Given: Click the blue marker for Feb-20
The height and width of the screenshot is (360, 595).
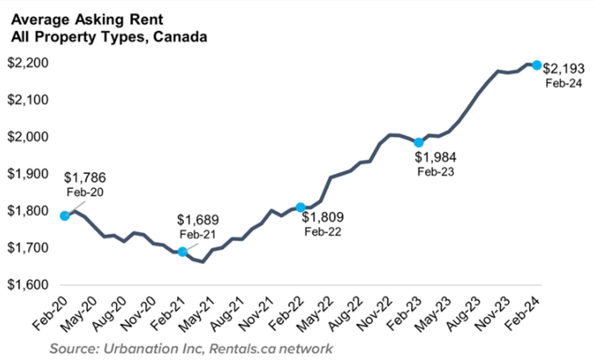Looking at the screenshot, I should pyautogui.click(x=65, y=216).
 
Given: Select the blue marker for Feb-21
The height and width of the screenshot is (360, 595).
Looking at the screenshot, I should pyautogui.click(x=182, y=251).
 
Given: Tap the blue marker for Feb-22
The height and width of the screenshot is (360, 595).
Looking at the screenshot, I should pyautogui.click(x=300, y=207).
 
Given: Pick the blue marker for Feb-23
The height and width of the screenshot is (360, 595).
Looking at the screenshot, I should pyautogui.click(x=419, y=142).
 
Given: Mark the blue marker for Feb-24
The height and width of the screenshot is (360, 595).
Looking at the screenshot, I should pyautogui.click(x=537, y=65).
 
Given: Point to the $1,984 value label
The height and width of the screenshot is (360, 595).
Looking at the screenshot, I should pyautogui.click(x=437, y=158).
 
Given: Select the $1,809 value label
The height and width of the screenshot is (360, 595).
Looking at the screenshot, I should pyautogui.click(x=323, y=218).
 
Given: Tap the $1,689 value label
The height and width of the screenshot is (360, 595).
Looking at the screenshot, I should pyautogui.click(x=198, y=220).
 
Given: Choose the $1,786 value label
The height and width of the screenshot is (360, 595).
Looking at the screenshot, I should pyautogui.click(x=86, y=177).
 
